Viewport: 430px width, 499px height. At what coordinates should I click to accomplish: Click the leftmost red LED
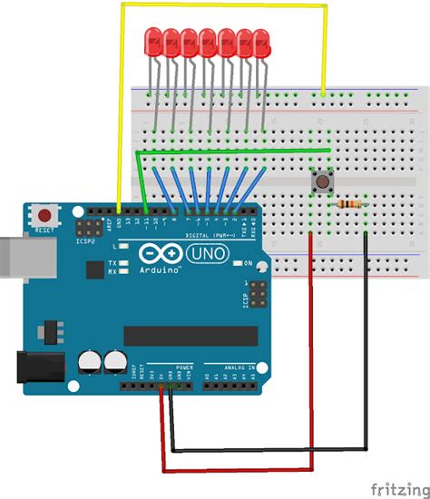point(151,41)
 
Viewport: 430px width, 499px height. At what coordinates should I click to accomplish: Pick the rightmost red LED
point(262,41)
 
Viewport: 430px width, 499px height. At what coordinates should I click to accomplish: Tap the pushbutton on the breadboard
point(320,184)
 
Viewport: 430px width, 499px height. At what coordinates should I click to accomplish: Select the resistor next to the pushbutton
point(347,204)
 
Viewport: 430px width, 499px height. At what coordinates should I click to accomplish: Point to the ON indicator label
point(247,263)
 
